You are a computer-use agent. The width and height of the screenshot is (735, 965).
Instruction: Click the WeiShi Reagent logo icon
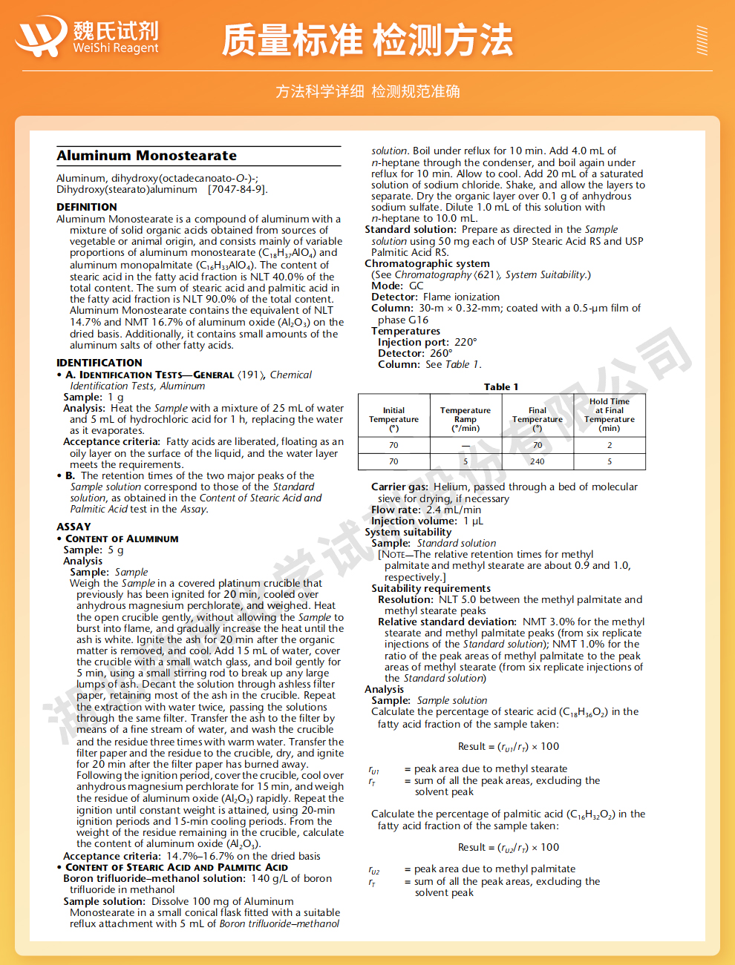42,36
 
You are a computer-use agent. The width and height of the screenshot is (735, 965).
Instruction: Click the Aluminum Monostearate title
146,156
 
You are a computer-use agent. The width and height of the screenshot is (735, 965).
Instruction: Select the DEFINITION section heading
86,207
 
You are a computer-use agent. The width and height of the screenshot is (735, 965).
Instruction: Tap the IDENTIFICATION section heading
99,363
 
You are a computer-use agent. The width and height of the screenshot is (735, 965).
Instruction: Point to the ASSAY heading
73,527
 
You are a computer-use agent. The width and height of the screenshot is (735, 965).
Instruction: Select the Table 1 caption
501,387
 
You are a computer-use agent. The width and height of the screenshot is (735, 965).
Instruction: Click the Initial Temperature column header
393,419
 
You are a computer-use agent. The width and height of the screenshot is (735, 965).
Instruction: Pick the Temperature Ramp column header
465,419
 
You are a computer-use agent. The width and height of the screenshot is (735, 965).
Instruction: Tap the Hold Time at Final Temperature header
610,415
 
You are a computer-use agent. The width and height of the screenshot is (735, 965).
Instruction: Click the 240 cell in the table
538,461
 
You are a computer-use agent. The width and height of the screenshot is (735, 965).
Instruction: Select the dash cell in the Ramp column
465,445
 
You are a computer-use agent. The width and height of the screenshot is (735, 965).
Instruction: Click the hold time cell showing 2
610,445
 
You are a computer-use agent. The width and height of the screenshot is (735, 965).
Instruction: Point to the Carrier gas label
399,487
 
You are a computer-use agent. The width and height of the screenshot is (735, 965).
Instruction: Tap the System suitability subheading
408,532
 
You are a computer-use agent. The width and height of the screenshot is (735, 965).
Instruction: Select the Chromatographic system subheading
427,263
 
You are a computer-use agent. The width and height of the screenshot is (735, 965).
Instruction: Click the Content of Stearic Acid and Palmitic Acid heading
177,867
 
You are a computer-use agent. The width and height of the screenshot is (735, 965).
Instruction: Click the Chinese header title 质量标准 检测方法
367,40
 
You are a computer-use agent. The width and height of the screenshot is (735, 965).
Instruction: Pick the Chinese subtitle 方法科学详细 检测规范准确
367,91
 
